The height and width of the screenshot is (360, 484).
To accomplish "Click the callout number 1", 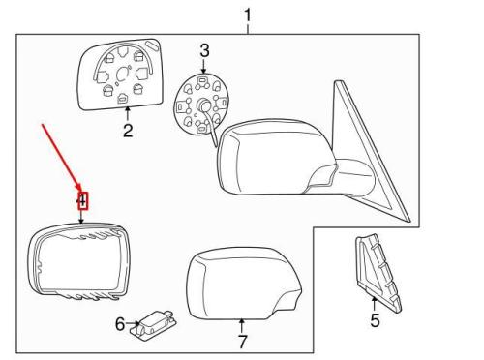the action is coord(247,15).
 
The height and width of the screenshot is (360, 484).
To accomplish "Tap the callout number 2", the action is coord(128,131).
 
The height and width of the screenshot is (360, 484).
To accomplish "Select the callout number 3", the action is coord(204,51).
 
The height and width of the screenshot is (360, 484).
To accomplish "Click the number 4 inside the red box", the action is coord(83,200).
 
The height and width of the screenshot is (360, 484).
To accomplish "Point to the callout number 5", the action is coord(375,320).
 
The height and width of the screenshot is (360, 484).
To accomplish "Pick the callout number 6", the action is coord(120,324).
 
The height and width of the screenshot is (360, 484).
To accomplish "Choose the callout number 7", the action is coord(242,342).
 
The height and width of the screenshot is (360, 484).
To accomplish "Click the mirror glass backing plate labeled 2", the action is coord(121,75).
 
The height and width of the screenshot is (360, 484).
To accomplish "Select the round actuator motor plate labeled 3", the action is coord(202,104).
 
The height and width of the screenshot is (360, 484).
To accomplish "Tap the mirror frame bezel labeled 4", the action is coord(34,258).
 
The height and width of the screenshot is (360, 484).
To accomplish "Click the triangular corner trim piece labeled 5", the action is coord(378,274).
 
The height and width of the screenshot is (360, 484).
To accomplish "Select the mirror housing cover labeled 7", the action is coord(243,284).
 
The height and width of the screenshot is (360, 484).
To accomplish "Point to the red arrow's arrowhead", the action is coord(79,188).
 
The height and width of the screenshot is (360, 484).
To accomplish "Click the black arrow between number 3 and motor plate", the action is coord(203,67).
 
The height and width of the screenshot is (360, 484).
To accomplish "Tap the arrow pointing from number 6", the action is coord(133,323).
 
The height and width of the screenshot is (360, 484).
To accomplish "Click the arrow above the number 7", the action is coord(241,326).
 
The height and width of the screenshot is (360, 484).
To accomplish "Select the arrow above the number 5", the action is coord(374,304).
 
